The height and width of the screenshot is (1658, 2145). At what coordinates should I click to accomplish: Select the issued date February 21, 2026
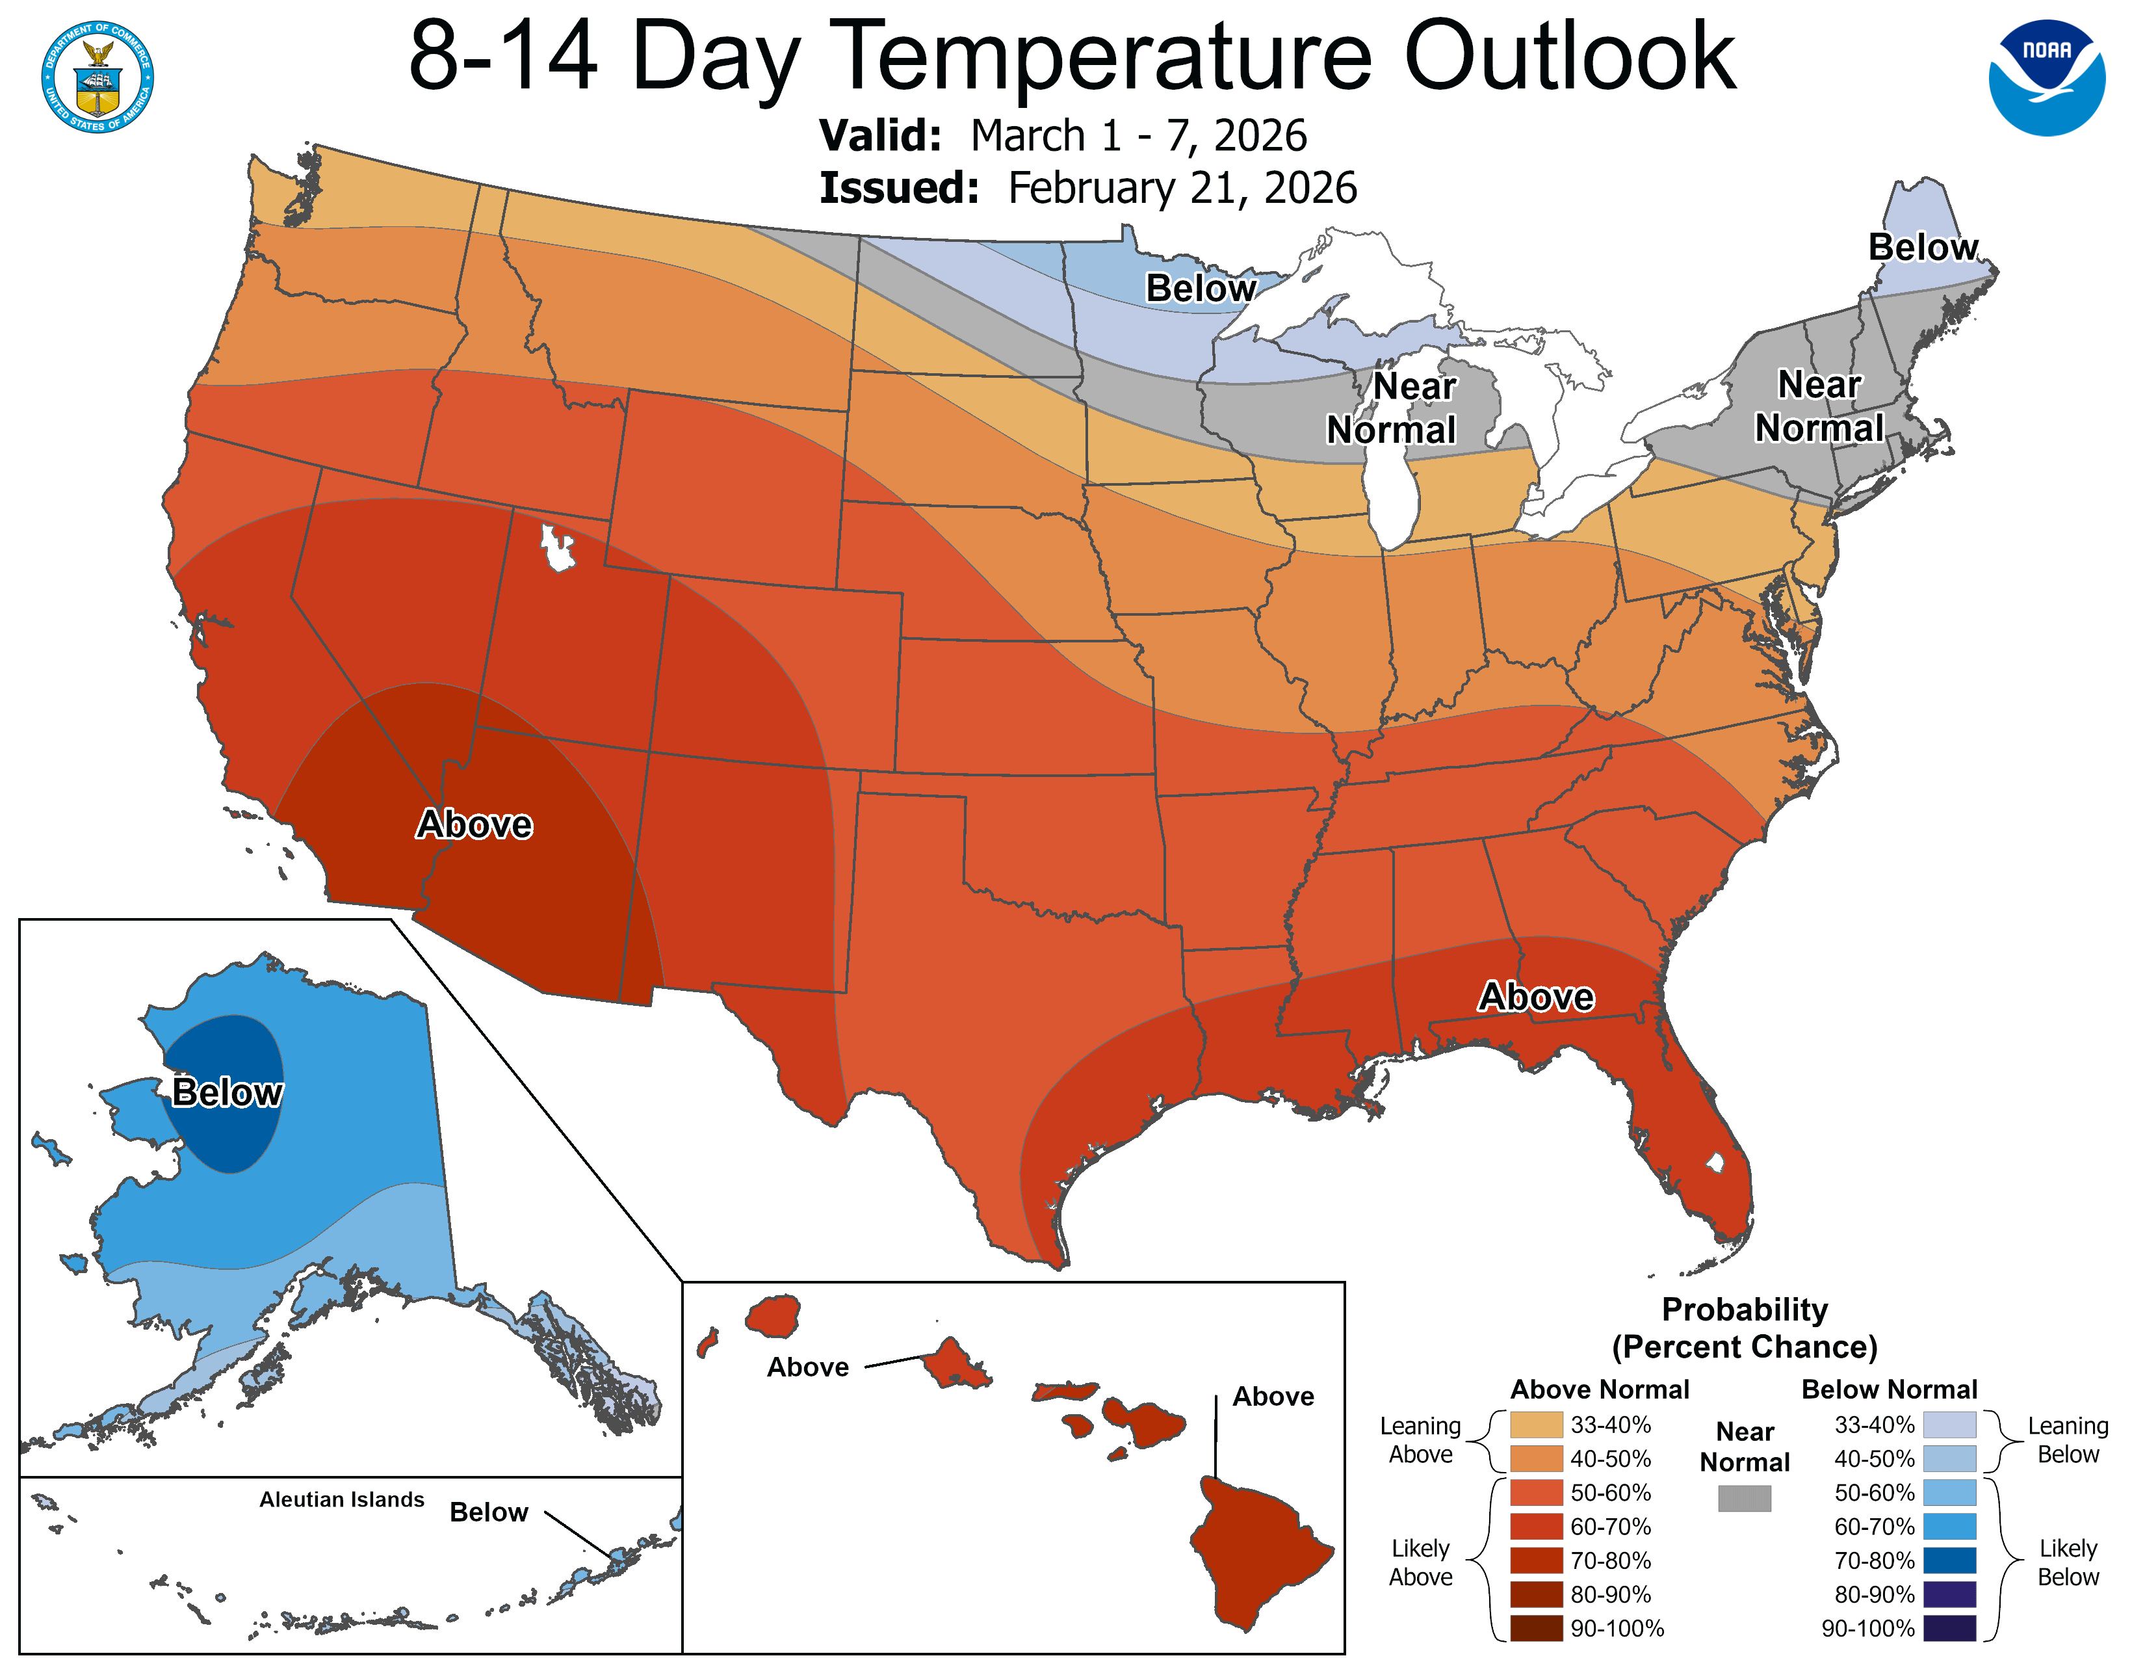1182,189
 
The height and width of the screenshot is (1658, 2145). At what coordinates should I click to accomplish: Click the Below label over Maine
1922,248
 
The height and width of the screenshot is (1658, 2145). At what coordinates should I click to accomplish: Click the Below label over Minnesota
1200,289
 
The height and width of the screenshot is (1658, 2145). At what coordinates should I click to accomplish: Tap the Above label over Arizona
474,824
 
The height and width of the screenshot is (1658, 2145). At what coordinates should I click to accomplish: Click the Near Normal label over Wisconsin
1393,408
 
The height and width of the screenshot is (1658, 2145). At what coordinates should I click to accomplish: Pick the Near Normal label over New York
1819,406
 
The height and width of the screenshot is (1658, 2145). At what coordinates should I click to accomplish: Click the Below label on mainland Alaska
227,1092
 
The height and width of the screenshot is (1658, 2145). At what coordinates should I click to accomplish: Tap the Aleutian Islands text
342,1499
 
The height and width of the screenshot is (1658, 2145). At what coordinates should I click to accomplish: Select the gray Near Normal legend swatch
1745,1498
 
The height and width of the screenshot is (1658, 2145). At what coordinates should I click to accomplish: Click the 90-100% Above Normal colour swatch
1536,1627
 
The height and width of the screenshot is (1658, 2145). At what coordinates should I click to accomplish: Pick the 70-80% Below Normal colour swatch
1949,1560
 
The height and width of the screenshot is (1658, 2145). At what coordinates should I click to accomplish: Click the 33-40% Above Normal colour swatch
1536,1424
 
